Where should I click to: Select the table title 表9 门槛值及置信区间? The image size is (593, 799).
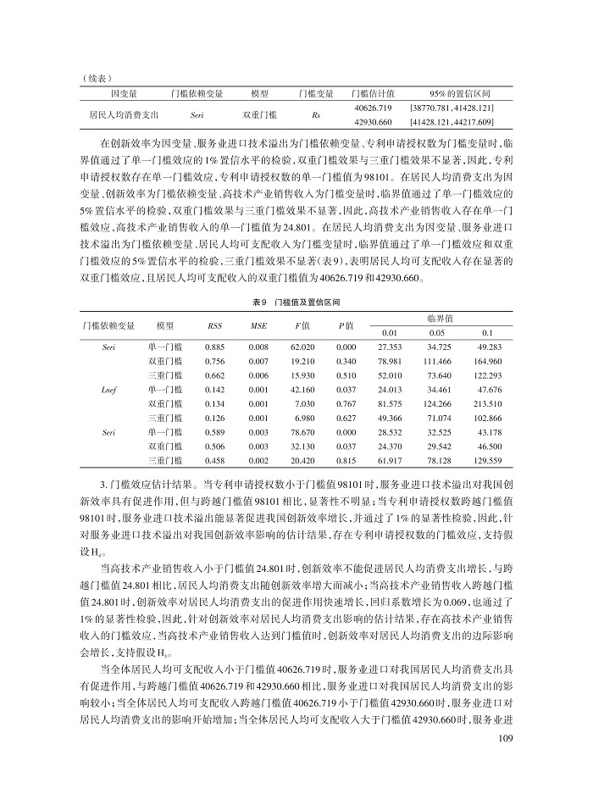[296, 302]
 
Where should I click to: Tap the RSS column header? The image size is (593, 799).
[214, 326]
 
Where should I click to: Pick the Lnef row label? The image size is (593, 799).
[108, 389]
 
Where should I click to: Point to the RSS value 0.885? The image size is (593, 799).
[214, 347]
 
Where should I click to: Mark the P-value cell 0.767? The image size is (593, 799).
[346, 403]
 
